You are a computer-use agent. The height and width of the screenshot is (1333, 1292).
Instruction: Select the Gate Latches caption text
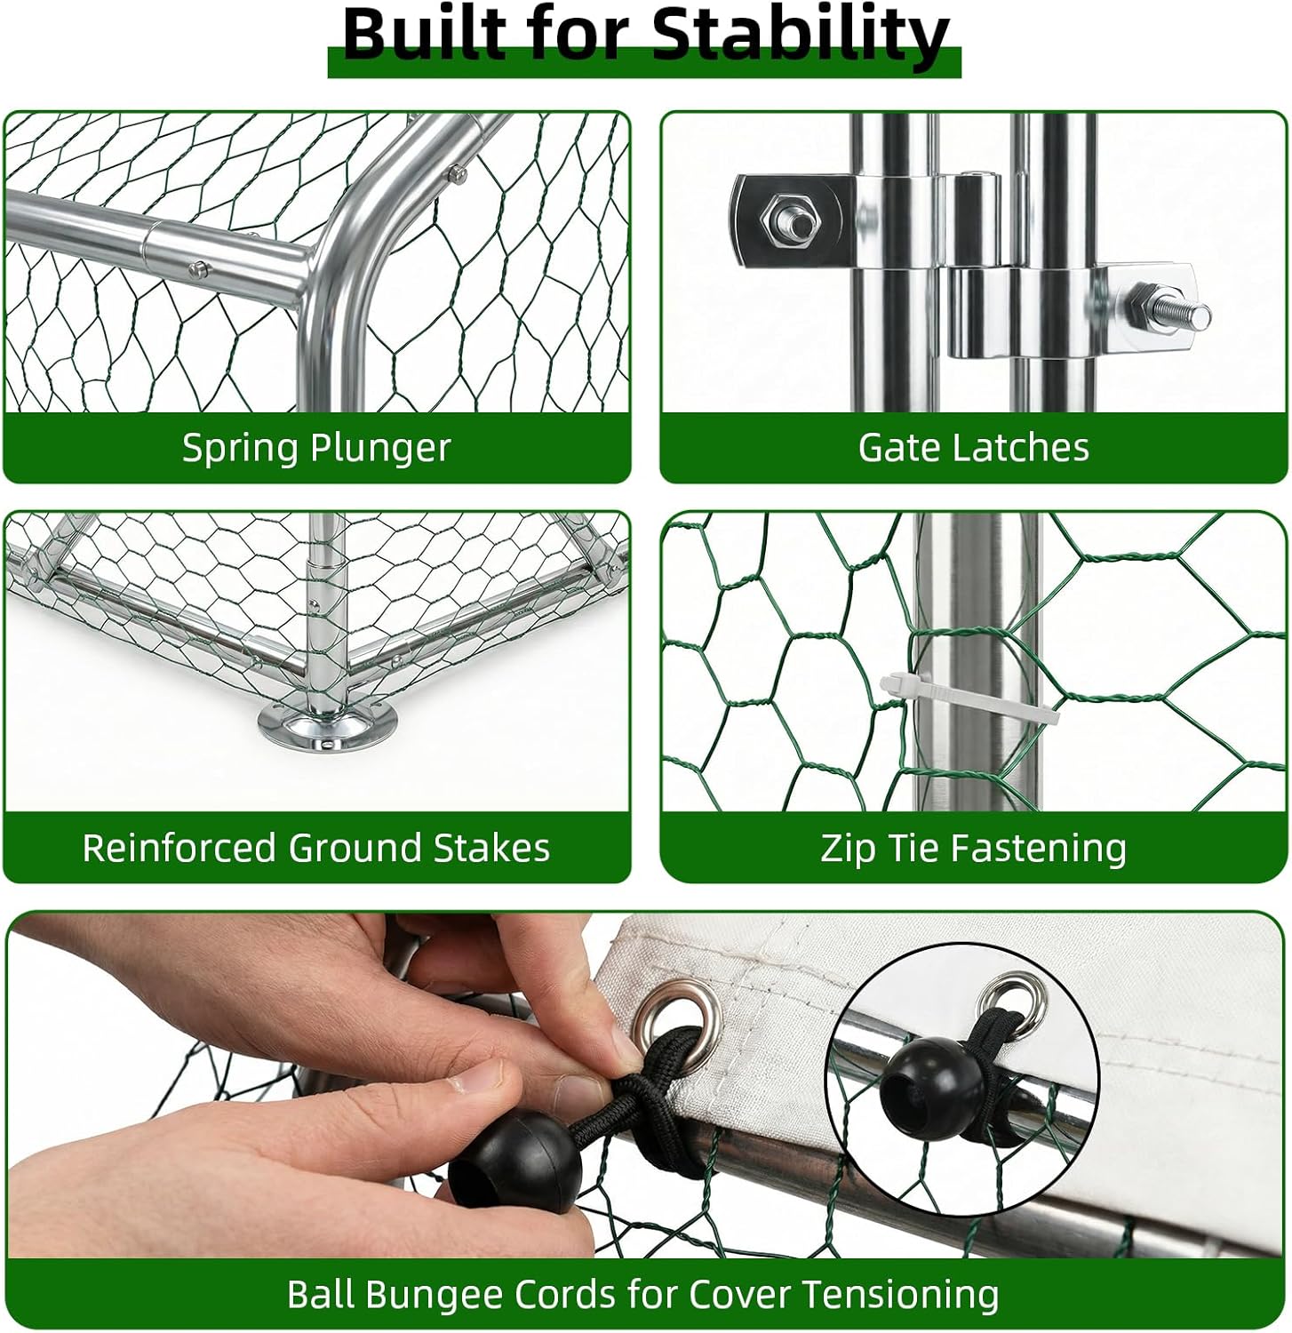click(x=973, y=448)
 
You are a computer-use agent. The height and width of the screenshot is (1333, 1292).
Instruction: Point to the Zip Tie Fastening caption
click(x=973, y=848)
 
